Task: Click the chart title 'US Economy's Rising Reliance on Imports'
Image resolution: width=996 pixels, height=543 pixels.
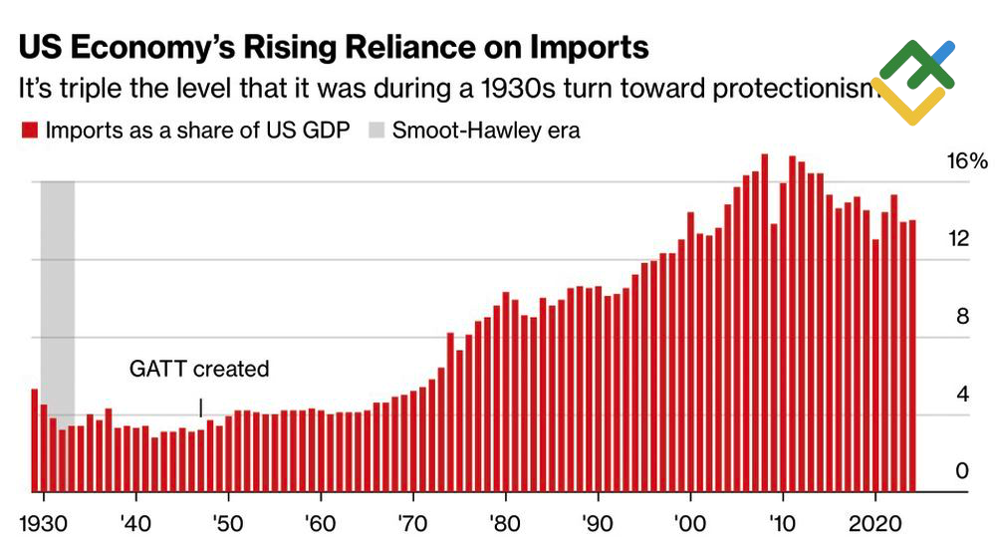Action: point(334,47)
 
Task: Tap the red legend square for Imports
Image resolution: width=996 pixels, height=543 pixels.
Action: point(30,130)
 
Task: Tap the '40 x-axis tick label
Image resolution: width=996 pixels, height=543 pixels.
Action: point(135,521)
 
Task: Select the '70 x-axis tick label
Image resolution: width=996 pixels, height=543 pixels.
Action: point(412,521)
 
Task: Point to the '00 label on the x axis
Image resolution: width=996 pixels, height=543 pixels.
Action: point(689,521)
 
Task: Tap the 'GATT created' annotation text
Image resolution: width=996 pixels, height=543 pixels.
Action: point(199,369)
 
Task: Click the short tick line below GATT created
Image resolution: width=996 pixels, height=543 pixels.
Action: point(200,407)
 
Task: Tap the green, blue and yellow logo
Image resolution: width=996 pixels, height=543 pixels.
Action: point(912,82)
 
